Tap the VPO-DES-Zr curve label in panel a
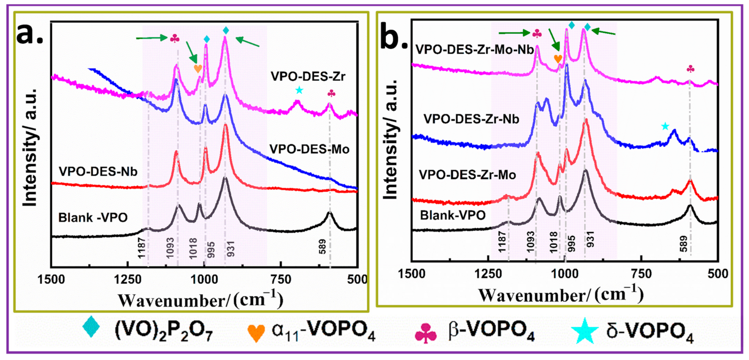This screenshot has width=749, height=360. (308, 76)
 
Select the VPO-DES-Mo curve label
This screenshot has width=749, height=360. (309, 149)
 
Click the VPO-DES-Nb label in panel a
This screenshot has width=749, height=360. (98, 171)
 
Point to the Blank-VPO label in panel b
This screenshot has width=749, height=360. (452, 216)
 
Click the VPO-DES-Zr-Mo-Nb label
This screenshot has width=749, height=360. (474, 50)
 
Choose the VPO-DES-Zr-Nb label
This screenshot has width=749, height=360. (471, 119)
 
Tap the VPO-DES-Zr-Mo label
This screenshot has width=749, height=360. (467, 175)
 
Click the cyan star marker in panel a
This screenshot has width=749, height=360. (299, 91)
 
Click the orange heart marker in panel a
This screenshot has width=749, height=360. (198, 68)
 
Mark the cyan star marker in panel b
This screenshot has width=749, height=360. (665, 126)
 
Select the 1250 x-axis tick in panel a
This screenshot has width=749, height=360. (128, 279)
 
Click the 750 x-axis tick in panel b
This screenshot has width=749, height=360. (641, 274)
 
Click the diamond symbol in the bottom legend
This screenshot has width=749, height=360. (91, 326)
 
